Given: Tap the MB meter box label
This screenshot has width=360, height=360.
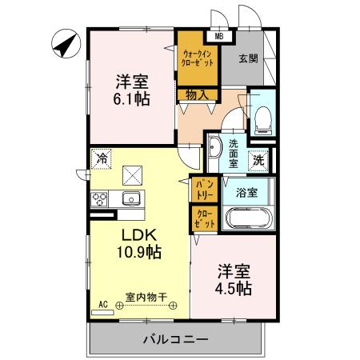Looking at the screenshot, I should pyautogui.click(x=219, y=35).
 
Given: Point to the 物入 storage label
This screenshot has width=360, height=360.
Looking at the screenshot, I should pyautogui.click(x=197, y=95).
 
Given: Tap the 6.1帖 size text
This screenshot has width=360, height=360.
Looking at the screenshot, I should pyautogui.click(x=132, y=100).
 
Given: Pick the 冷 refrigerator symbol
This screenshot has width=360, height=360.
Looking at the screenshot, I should pyautogui.click(x=102, y=158).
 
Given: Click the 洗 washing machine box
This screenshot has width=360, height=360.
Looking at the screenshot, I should pyautogui.click(x=259, y=158).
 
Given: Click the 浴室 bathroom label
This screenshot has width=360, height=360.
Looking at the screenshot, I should pyautogui.click(x=246, y=192).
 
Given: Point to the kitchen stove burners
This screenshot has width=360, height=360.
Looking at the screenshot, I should pyautogui.click(x=100, y=200).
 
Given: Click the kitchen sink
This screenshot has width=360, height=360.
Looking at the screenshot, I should pyautogui.click(x=130, y=198).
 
